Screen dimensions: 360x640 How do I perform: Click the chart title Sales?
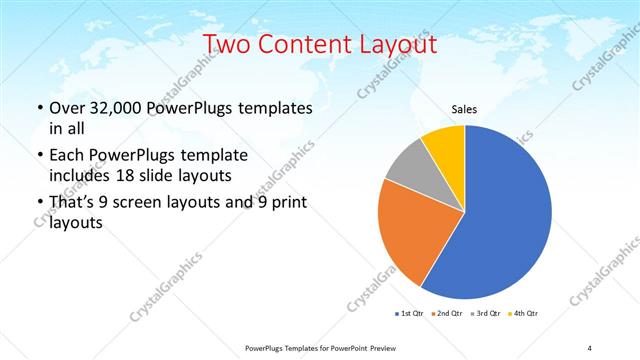point(464,109)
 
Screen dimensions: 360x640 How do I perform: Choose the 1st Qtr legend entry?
point(409,314)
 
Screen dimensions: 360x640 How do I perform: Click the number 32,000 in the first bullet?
point(107,107)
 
